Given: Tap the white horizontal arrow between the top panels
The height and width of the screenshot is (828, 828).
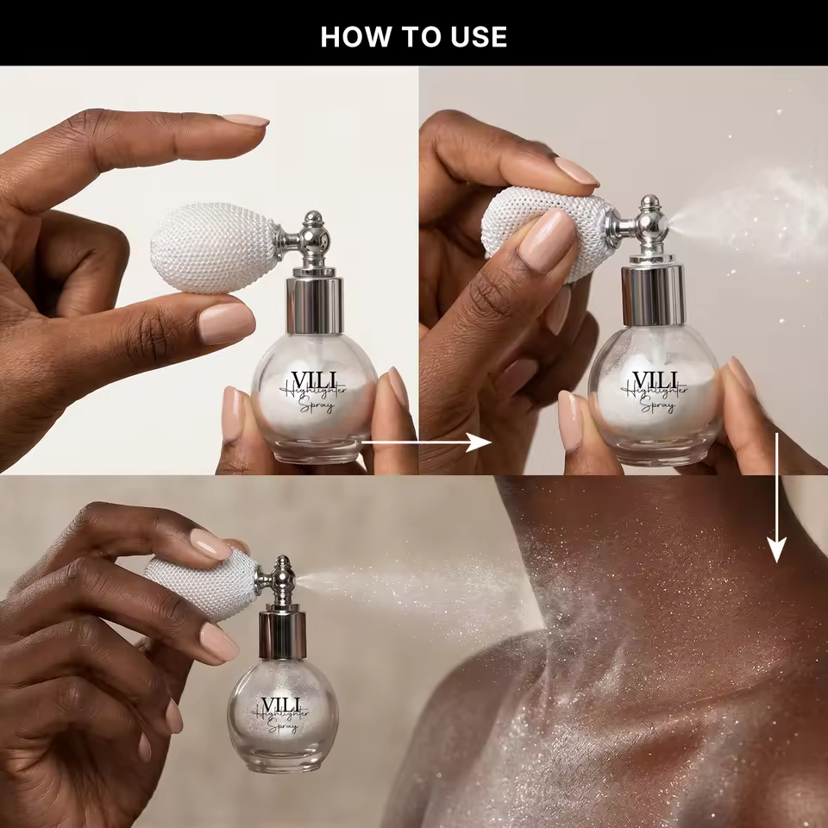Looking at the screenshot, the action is [425, 442].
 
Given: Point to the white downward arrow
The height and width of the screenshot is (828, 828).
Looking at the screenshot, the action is [776, 498].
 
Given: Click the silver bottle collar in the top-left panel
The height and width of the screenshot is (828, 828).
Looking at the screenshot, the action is [315, 304].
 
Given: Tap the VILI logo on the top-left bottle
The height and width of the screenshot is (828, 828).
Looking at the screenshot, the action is [314, 380].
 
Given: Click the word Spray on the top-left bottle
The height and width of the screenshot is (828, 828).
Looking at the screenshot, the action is [317, 405].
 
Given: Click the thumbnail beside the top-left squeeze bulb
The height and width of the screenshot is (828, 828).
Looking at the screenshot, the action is [226, 323].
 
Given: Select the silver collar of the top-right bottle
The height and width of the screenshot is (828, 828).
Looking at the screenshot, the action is [653, 294].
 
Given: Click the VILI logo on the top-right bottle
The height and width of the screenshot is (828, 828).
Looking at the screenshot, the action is [655, 379].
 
